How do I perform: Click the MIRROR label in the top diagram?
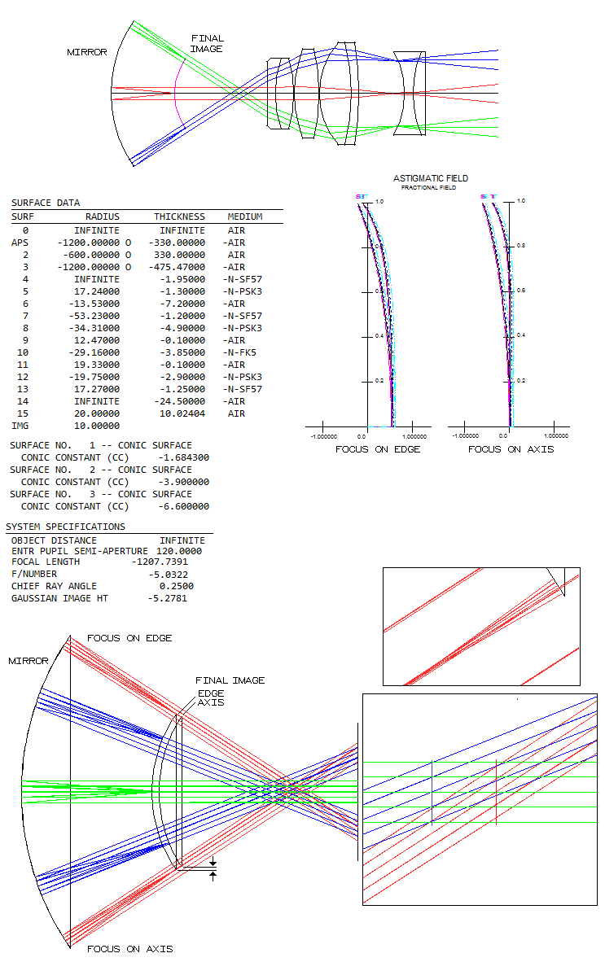pyautogui.click(x=86, y=52)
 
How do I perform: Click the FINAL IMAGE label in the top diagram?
pyautogui.click(x=207, y=44)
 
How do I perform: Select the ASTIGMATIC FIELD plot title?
pyautogui.click(x=431, y=178)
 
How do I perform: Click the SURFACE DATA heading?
pyautogui.click(x=46, y=203)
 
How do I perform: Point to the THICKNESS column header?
pyautogui.click(x=180, y=217)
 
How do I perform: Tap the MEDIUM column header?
pyautogui.click(x=245, y=217)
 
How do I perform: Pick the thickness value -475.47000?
pyautogui.click(x=177, y=267)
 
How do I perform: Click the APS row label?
pyautogui.click(x=20, y=243)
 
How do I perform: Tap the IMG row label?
pyautogui.click(x=20, y=426)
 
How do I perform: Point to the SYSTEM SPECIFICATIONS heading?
pyautogui.click(x=66, y=527)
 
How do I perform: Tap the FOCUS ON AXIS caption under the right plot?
pyautogui.click(x=511, y=449)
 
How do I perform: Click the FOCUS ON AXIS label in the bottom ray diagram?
pyautogui.click(x=130, y=949)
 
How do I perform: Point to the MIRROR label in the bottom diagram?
pyautogui.click(x=28, y=661)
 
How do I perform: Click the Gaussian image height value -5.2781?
pyautogui.click(x=176, y=598)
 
